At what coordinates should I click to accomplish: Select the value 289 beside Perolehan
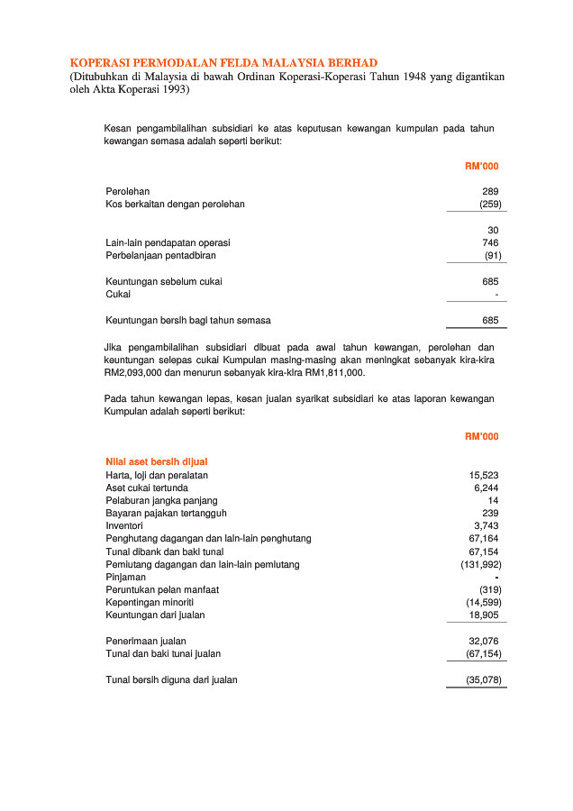coord(490,191)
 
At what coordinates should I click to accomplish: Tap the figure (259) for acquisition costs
coord(490,205)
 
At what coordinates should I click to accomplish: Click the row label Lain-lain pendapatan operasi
coord(168,242)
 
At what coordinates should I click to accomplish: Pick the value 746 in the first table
coord(490,242)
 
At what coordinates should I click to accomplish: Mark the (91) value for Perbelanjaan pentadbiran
coord(492,256)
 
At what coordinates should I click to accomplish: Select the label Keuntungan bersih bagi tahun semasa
coord(188,320)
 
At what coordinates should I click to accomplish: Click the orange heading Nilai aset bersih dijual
coord(157,461)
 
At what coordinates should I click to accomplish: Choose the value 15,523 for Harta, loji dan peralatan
coord(484,475)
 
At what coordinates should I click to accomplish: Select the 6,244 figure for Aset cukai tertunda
coord(487,488)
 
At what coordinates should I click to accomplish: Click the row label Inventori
coord(124,525)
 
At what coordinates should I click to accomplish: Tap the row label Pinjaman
coord(125,577)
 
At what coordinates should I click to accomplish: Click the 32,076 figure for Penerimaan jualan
coord(484,641)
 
